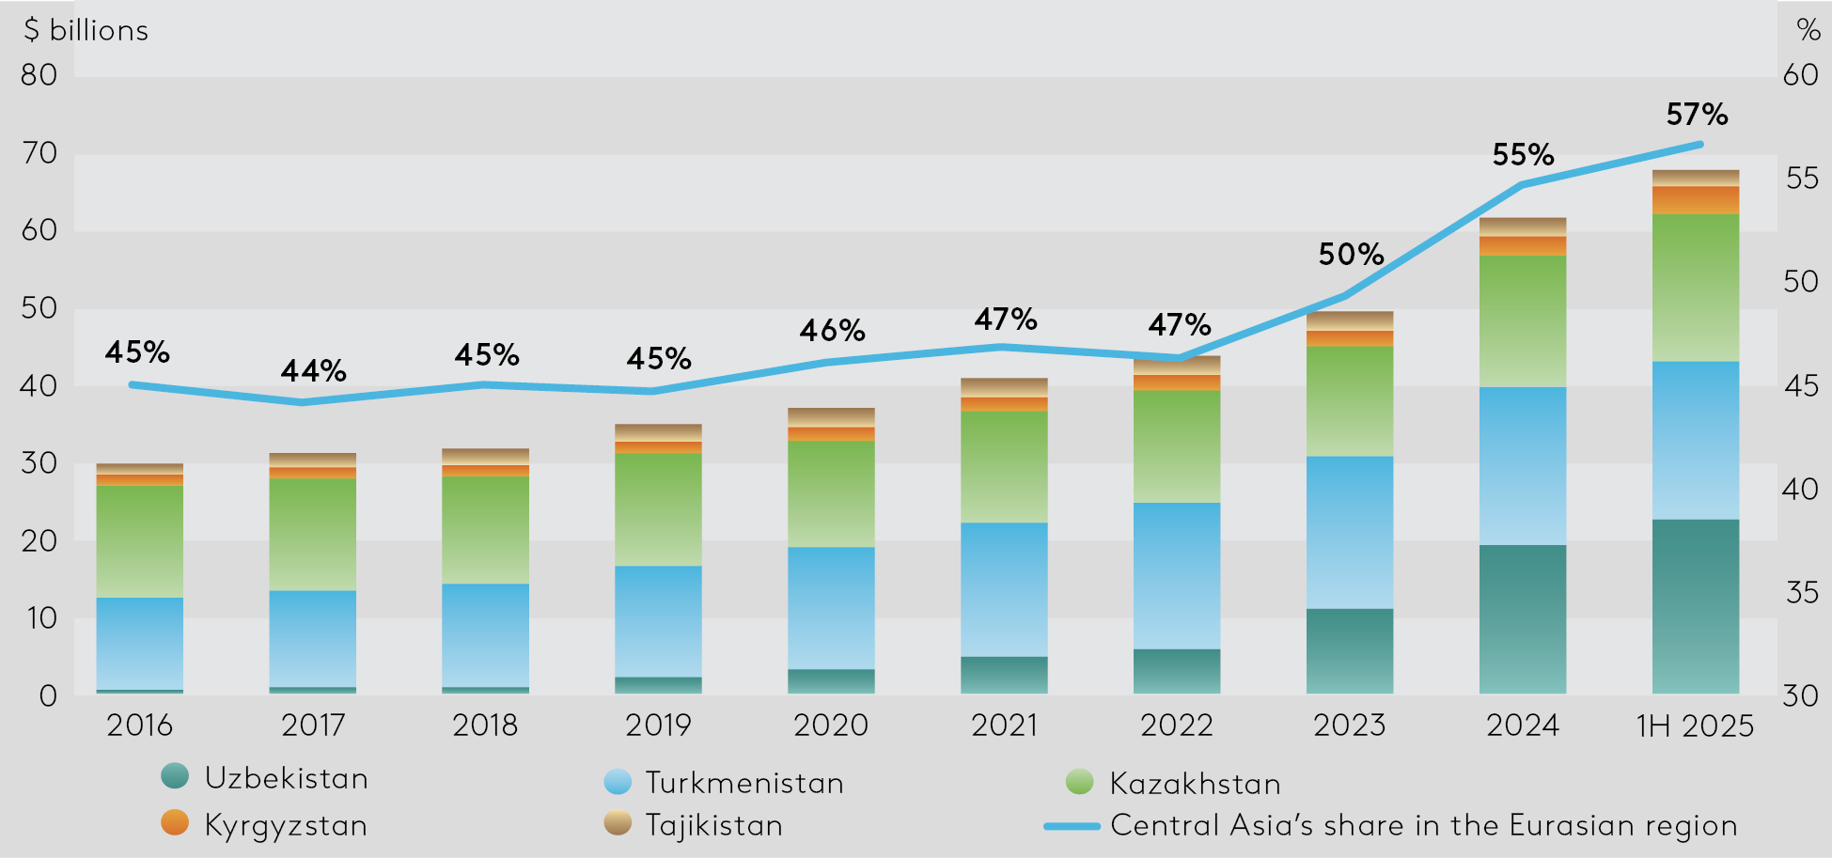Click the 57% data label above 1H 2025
(1697, 115)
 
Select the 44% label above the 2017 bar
(313, 371)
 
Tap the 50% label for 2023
(1351, 254)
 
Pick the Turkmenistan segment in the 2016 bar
(140, 644)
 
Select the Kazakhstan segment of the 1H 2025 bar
(1695, 288)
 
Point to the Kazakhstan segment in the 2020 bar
(831, 494)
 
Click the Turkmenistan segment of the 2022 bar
(1177, 575)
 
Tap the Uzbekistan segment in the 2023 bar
(1350, 650)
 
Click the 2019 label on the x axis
(658, 725)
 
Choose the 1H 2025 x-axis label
(1695, 725)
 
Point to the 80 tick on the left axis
(39, 75)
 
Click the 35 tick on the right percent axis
(1801, 592)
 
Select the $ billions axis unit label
(86, 30)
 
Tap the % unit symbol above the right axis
(1809, 30)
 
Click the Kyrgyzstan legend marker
(175, 822)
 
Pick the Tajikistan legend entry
(713, 825)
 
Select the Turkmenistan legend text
(744, 783)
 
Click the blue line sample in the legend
(1072, 826)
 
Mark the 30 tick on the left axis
(39, 463)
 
